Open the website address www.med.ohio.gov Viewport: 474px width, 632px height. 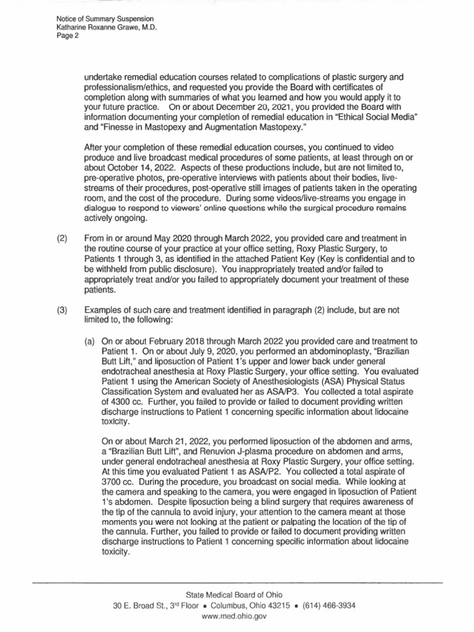pos(236,616)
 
